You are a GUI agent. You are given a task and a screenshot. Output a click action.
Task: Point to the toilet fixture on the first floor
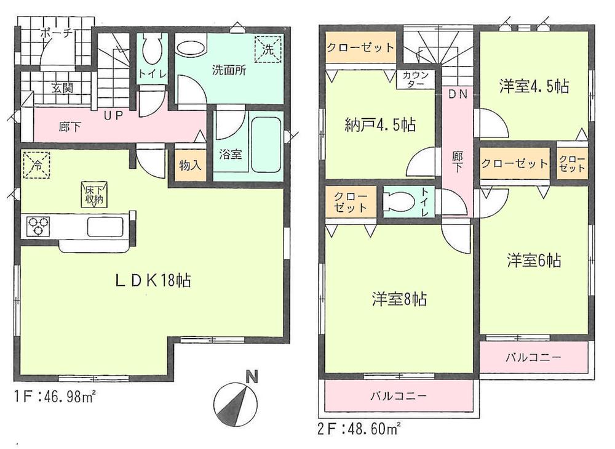[151, 49]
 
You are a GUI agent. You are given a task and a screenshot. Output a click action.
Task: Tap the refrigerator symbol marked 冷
[36, 165]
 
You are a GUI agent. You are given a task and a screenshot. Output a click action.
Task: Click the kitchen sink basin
[107, 227]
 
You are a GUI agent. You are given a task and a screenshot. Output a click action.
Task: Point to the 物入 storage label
[190, 165]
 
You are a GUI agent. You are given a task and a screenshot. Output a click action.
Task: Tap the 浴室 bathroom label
[230, 155]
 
